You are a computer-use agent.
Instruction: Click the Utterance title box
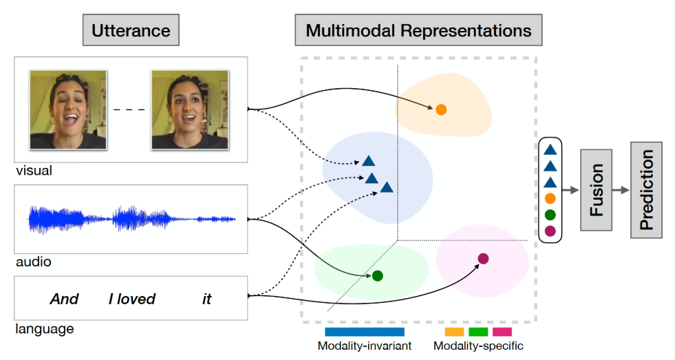pos(131,30)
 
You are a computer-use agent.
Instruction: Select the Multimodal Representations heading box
pos(418,30)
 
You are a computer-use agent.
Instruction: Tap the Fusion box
pos(597,190)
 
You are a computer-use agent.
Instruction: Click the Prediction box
pos(647,190)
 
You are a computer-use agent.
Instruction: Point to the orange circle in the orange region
pos(441,110)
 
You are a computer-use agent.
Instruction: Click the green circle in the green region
pos(378,275)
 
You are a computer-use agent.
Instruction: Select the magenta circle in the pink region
pos(484,258)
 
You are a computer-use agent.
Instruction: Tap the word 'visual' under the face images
pos(34,171)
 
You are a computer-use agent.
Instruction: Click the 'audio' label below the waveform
pos(34,262)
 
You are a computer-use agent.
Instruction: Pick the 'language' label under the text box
pos(45,329)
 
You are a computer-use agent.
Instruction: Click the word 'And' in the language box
pos(65,299)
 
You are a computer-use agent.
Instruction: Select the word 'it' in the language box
pos(207,299)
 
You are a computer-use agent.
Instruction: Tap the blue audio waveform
pos(132,219)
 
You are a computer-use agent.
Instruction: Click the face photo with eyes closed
pos(68,110)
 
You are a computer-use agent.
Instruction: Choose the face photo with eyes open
pos(190,110)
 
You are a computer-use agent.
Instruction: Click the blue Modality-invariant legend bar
pos(365,332)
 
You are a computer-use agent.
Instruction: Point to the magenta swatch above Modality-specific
pos(502,332)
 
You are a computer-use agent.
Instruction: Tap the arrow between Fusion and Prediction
pos(621,190)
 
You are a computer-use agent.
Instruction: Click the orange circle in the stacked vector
pos(550,198)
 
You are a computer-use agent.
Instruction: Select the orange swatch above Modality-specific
pos(454,332)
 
